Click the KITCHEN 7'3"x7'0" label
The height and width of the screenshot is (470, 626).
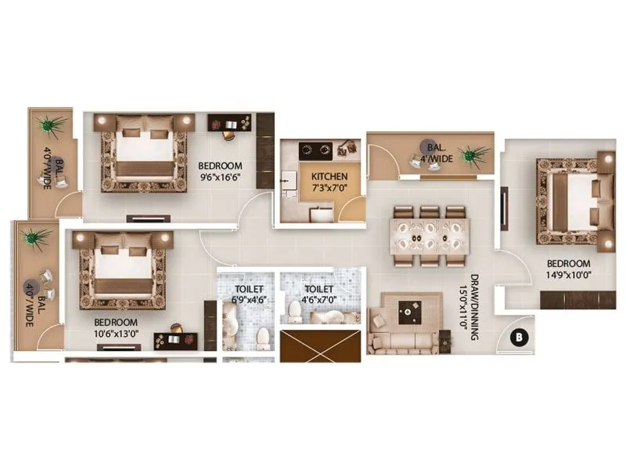[329, 182]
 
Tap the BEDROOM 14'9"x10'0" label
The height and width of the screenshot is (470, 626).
[567, 269]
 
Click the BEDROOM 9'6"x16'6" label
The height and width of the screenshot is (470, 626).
[220, 172]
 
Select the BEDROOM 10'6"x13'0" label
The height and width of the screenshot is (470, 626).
[116, 327]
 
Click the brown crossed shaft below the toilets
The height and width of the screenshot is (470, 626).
[321, 345]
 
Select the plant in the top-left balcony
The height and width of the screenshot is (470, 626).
[52, 125]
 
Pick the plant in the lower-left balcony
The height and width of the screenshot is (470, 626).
[33, 236]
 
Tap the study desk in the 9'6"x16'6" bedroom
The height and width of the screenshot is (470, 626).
[228, 125]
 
